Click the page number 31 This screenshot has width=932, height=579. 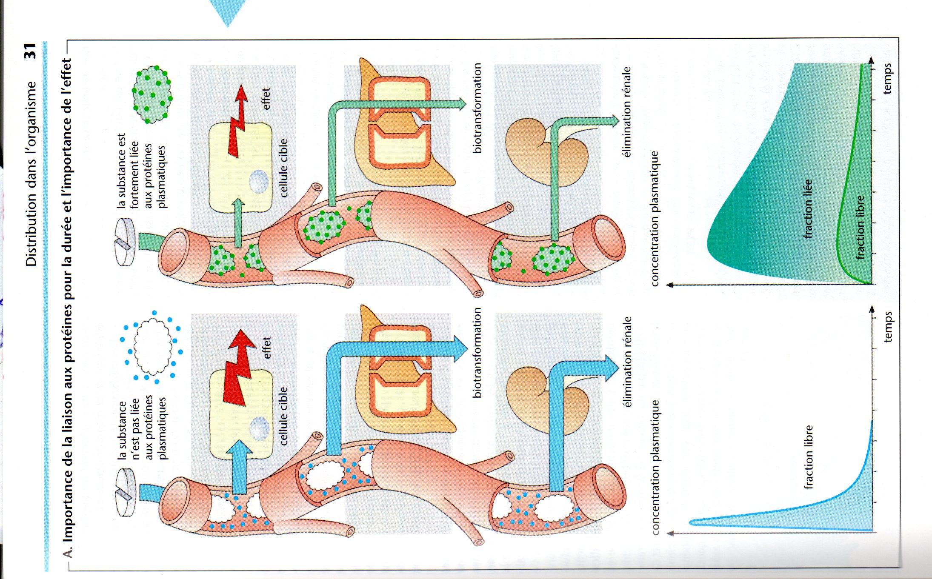tap(31, 51)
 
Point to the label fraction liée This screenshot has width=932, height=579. tap(808, 208)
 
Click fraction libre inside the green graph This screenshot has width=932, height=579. tap(860, 227)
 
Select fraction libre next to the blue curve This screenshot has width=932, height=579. tap(809, 457)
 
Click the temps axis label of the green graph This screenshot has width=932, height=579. tap(887, 79)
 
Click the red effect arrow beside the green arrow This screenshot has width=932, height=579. tap(238, 121)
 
